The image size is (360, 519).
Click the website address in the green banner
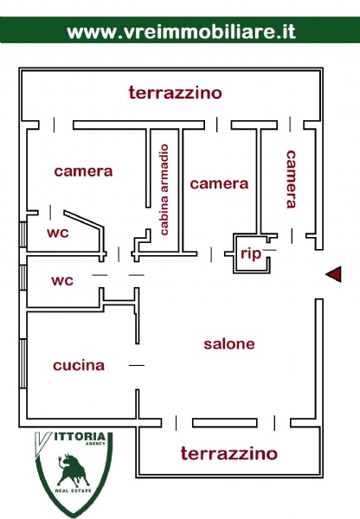point(181,32)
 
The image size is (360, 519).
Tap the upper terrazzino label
point(175,93)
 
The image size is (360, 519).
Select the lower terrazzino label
point(228,453)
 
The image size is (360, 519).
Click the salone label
point(229,344)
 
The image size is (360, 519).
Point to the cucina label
point(79,365)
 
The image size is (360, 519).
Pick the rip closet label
point(251,254)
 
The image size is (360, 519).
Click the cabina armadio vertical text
point(164,189)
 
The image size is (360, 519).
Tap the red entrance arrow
point(333,274)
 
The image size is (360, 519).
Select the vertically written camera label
point(291,179)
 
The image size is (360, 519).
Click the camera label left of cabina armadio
point(83,171)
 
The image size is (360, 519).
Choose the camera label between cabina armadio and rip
point(219,183)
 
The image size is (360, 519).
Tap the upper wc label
point(58,233)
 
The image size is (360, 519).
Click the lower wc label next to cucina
point(62,280)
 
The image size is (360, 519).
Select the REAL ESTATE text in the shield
point(74,490)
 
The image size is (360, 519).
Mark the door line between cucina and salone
point(137,365)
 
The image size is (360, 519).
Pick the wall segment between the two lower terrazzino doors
point(225,423)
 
